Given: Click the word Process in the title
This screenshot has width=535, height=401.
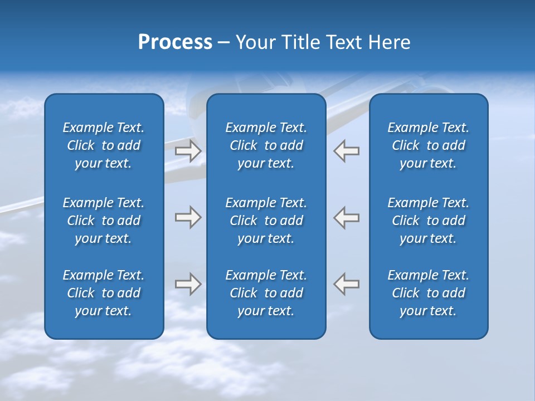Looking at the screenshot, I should point(175,42).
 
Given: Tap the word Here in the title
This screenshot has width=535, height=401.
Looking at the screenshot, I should point(389,42).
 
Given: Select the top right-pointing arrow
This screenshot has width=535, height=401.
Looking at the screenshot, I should point(188,151).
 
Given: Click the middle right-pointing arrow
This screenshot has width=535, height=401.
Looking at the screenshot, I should point(188,217).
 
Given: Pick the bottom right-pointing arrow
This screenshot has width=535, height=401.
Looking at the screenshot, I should point(188,284).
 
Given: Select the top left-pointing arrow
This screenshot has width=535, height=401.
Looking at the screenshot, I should point(347,151).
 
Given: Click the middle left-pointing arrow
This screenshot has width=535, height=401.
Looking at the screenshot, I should point(347,217).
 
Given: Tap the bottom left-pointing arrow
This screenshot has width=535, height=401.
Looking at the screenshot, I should point(347,284).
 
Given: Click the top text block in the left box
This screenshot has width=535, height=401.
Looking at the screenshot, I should point(104,145).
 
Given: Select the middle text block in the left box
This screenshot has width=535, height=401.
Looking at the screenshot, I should point(104,221).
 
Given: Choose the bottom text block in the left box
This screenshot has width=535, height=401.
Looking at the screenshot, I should point(104,293).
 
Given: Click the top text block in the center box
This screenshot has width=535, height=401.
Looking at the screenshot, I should point(266,145).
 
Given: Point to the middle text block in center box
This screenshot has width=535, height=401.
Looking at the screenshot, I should point(266,221).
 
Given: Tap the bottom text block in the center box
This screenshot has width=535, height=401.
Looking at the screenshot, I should point(266,293).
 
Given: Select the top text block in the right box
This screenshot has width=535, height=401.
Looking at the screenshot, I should point(428,145).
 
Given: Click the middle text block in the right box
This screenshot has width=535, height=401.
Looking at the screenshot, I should point(428,221).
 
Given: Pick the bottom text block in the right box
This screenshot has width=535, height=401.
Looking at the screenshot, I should point(428,293).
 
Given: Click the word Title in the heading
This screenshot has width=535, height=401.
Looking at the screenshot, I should point(301,42).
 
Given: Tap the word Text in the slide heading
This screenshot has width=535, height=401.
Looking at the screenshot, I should point(344,42).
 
